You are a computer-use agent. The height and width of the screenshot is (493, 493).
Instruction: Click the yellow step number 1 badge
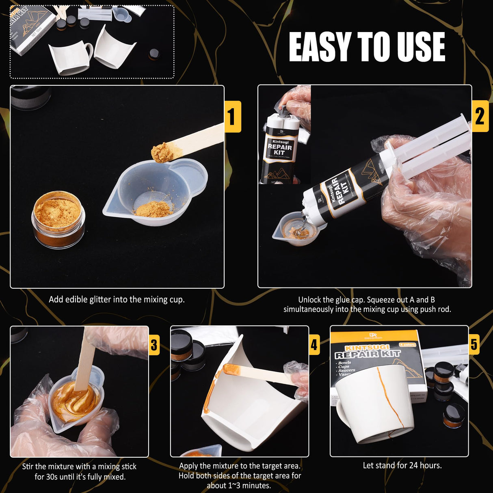click(233, 117)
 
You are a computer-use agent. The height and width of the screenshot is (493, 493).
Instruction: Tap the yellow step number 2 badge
click(480, 116)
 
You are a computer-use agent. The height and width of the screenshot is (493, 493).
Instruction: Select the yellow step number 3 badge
click(154, 345)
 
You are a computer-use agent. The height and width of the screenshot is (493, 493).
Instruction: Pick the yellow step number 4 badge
click(314, 345)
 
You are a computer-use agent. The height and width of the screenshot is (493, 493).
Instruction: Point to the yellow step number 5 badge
click(474, 344)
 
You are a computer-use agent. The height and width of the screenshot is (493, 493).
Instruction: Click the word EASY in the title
click(320, 47)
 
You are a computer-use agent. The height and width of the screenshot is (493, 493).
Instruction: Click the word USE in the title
click(421, 47)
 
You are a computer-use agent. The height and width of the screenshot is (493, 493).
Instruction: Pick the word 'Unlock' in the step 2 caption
click(309, 300)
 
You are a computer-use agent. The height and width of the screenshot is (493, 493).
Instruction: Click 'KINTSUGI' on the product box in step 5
click(367, 348)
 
